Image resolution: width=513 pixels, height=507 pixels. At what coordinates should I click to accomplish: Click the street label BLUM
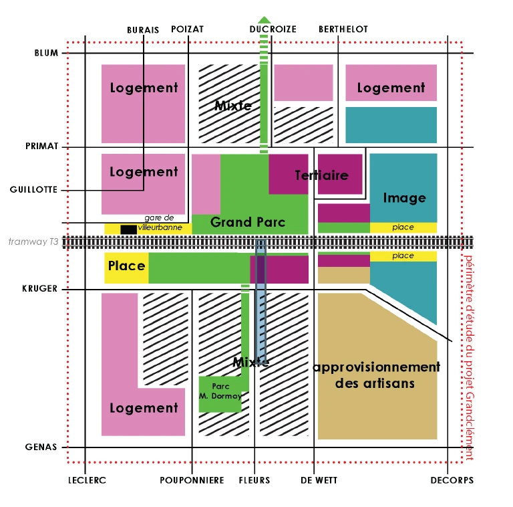click(46, 54)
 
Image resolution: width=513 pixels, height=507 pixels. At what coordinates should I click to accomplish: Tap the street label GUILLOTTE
click(34, 190)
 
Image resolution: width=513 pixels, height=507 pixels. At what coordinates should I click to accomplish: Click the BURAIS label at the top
click(143, 29)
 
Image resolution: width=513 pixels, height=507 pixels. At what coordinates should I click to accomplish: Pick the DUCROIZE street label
click(273, 29)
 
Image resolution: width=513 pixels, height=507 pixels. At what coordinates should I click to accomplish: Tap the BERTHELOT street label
click(343, 29)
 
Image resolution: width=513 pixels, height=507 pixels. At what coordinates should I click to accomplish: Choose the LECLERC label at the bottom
click(87, 480)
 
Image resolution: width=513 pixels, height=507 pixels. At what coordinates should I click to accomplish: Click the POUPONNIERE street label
click(192, 480)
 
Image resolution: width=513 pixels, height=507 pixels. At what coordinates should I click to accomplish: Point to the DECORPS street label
click(452, 480)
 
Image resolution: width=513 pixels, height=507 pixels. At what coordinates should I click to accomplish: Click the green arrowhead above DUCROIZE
click(265, 19)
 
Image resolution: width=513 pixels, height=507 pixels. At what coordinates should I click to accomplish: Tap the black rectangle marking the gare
click(128, 229)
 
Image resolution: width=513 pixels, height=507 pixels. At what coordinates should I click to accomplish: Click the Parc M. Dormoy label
click(220, 391)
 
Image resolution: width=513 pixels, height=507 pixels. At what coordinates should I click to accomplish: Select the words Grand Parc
click(248, 222)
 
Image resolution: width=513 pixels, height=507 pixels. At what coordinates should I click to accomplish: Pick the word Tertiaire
click(321, 175)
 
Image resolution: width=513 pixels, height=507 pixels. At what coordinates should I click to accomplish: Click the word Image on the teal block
click(404, 198)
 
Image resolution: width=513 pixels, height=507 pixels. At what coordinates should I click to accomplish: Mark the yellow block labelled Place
click(126, 266)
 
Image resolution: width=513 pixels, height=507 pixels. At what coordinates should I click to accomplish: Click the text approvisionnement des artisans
click(376, 375)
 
